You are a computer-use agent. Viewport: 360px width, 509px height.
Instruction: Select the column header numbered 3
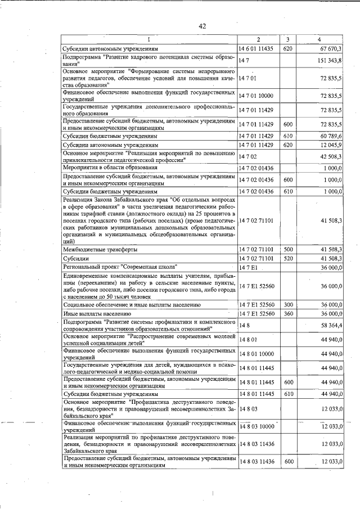[287, 39]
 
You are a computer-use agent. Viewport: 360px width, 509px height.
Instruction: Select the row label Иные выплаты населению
[97, 313]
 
